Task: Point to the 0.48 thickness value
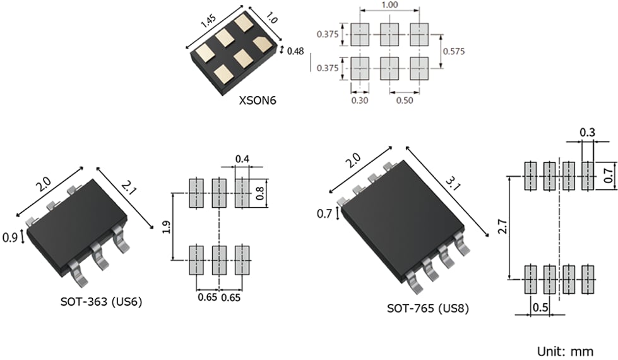(x=295, y=51)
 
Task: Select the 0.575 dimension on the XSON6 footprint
(x=453, y=51)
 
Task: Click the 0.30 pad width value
(x=359, y=100)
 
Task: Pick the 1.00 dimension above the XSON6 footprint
(x=389, y=4)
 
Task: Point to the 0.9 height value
(x=10, y=237)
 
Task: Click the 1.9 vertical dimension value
(x=166, y=226)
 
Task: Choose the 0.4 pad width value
(x=242, y=158)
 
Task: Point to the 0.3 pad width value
(x=587, y=133)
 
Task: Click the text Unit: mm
(x=565, y=351)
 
